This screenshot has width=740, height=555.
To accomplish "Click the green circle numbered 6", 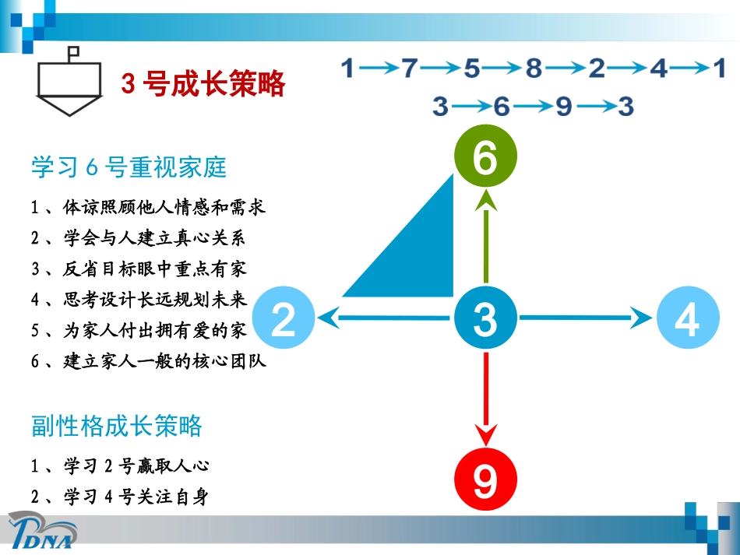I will point(485,159).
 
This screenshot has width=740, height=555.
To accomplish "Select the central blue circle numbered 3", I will point(485,318).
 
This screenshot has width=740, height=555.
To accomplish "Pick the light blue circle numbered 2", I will point(284,318).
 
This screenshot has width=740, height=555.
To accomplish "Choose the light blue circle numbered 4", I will point(686,318).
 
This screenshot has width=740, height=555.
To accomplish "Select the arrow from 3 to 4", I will point(584,318).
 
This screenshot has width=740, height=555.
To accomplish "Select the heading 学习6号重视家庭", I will point(129,167).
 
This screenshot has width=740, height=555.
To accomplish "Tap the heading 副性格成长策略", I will point(117,427).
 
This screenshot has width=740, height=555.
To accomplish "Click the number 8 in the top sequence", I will point(533,69).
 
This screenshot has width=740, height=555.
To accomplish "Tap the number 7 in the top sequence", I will point(411,69).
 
